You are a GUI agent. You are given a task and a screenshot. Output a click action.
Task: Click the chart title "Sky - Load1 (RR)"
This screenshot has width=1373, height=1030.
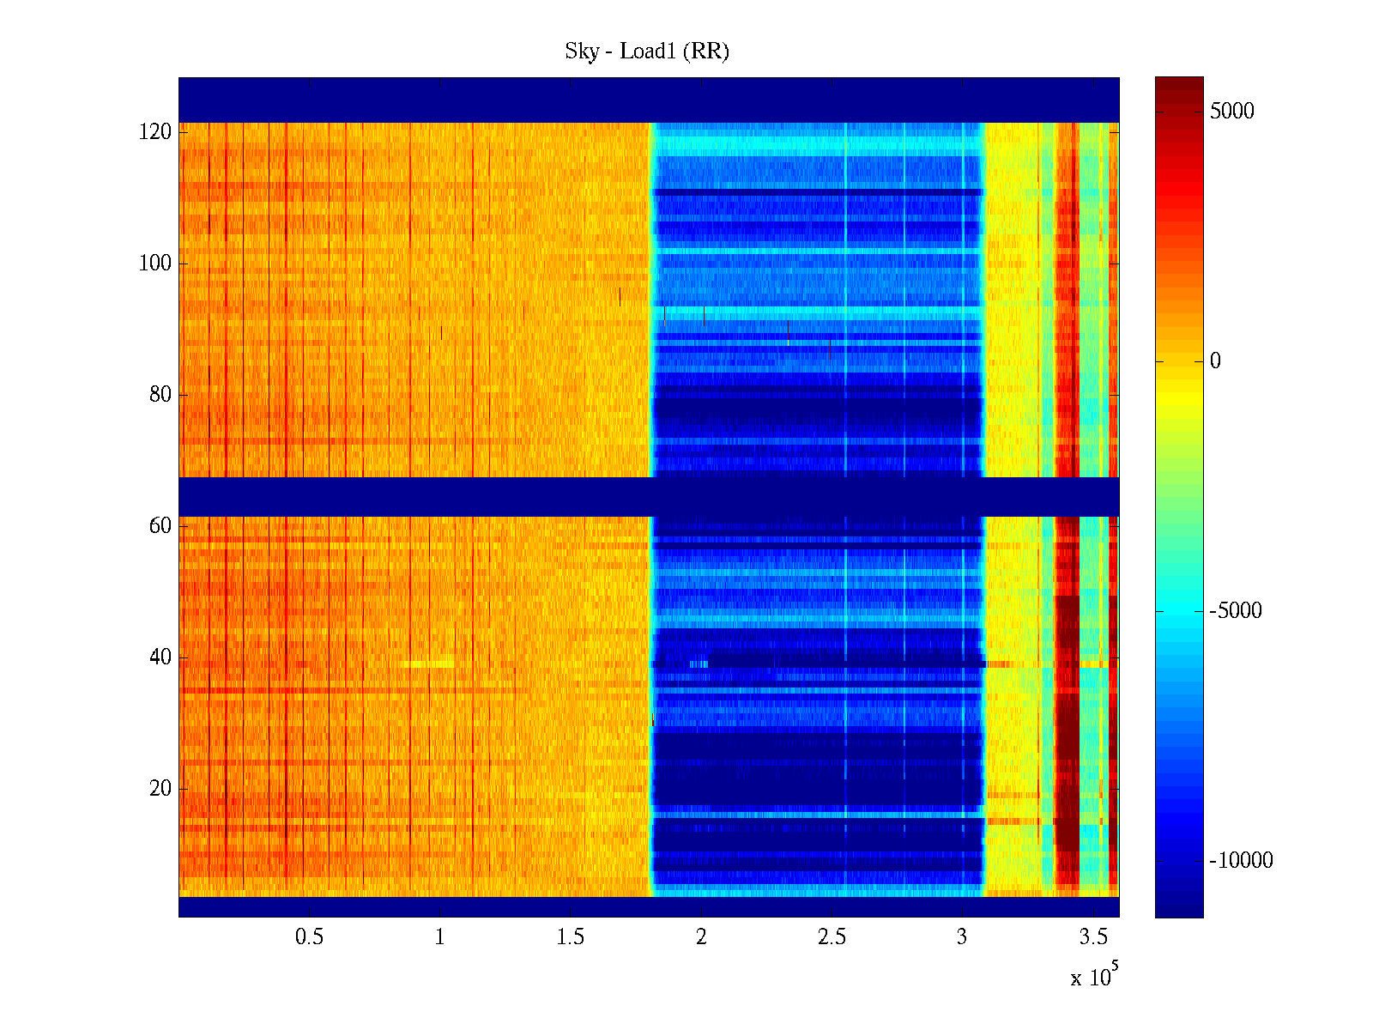647,51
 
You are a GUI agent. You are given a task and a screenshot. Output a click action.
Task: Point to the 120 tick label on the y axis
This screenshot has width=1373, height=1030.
155,132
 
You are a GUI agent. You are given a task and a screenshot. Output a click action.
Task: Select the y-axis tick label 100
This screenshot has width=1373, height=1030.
155,264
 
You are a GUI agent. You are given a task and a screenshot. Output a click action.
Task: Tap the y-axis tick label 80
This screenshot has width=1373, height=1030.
160,395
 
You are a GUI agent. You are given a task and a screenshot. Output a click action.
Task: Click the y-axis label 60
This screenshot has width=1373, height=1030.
160,526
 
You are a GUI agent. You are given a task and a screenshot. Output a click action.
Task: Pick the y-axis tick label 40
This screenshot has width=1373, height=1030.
160,657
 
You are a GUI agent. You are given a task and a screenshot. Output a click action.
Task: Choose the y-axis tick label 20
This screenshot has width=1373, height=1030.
160,789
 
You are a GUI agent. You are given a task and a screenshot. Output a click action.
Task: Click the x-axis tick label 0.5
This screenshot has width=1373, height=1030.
309,937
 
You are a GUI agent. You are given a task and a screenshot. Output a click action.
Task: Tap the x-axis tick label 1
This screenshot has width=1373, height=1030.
439,937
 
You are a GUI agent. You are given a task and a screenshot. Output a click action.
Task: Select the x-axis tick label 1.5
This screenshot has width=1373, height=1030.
570,937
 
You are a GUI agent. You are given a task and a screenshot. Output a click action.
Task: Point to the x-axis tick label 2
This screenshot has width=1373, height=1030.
701,937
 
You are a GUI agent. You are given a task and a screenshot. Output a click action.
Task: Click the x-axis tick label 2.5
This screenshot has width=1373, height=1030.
832,937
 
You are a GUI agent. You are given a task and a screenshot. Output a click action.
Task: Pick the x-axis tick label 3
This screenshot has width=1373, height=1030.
962,937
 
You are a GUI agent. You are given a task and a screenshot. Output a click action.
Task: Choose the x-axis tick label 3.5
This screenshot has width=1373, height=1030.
1092,937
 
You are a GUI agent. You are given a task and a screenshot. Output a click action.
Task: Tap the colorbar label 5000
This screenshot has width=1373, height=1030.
1231,111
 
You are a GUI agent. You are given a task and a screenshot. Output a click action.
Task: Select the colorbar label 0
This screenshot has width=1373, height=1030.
1215,361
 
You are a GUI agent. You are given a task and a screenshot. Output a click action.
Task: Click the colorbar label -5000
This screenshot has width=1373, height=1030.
1236,611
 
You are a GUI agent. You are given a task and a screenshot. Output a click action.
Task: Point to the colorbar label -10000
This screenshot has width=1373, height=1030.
1241,861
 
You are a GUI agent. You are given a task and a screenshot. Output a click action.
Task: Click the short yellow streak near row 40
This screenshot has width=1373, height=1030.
428,663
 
